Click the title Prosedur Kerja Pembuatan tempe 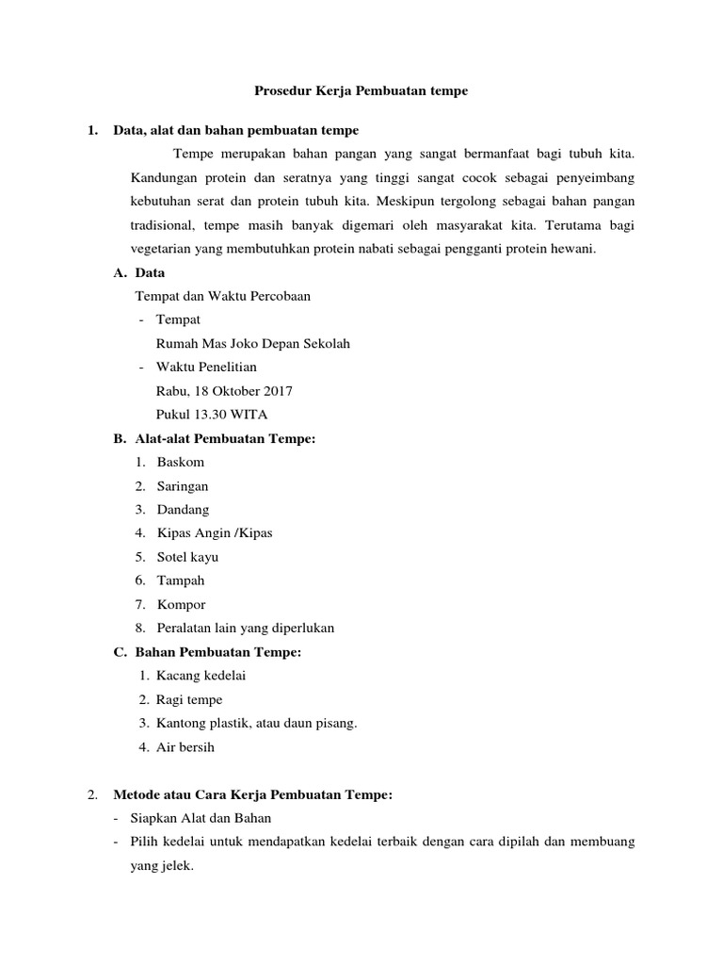361,91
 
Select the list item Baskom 181,462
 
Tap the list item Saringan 183,486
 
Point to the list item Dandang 183,510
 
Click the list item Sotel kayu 187,557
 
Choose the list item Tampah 181,581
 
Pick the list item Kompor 182,604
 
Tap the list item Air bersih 185,747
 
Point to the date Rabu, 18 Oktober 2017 224,390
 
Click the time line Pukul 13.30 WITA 212,414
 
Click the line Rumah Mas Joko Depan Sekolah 252,344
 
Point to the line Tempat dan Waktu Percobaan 223,296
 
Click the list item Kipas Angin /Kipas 215,533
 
